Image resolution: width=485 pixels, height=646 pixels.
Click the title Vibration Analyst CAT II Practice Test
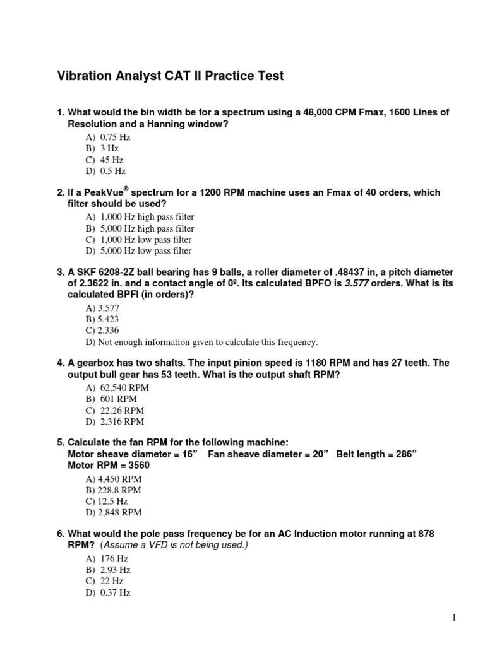coord(170,76)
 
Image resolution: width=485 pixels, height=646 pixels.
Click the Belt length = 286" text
coord(376,454)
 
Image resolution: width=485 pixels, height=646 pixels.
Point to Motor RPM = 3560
coord(109,466)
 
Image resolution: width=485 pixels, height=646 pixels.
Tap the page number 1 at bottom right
coord(453,618)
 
